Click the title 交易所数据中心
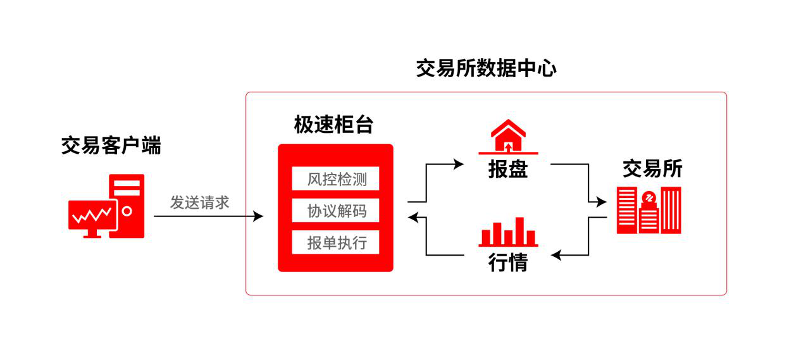[x=486, y=68]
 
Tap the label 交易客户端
[x=111, y=146]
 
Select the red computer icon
[x=107, y=206]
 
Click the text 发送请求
[x=199, y=202]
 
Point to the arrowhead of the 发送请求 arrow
[x=259, y=216]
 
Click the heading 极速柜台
[x=333, y=125]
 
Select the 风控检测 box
[x=336, y=179]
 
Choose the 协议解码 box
[x=336, y=211]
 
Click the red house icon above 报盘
[x=508, y=137]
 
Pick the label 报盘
[x=508, y=169]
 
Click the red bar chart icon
[x=508, y=232]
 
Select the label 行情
[x=508, y=263]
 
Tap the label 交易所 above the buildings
[x=652, y=169]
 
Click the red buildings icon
[x=649, y=210]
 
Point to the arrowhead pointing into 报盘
[x=460, y=164]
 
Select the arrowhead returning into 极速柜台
[x=413, y=218]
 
